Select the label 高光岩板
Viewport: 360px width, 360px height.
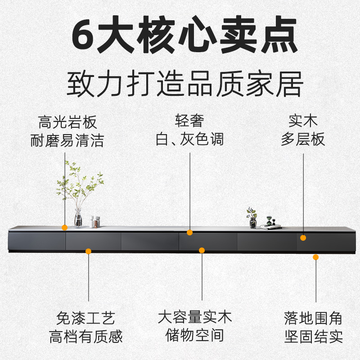coord(67,122)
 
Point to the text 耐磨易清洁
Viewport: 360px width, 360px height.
coord(67,140)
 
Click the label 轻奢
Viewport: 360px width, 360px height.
coord(189,121)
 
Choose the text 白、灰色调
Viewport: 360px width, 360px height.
coord(189,139)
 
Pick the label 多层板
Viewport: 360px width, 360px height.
coord(303,139)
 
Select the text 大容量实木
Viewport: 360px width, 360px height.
coord(195,317)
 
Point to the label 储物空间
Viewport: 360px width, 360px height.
coord(195,336)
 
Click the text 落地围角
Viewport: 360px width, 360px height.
coord(313,319)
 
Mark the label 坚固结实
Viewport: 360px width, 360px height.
coord(313,337)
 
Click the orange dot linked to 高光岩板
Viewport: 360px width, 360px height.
coord(65,228)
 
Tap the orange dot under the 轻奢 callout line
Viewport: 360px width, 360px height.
coord(190,233)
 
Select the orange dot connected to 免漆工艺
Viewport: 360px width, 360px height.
coord(89,251)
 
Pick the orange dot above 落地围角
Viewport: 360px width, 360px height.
coord(316,257)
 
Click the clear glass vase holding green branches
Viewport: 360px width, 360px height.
coord(78,219)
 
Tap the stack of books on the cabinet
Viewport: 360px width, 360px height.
coord(270,227)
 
